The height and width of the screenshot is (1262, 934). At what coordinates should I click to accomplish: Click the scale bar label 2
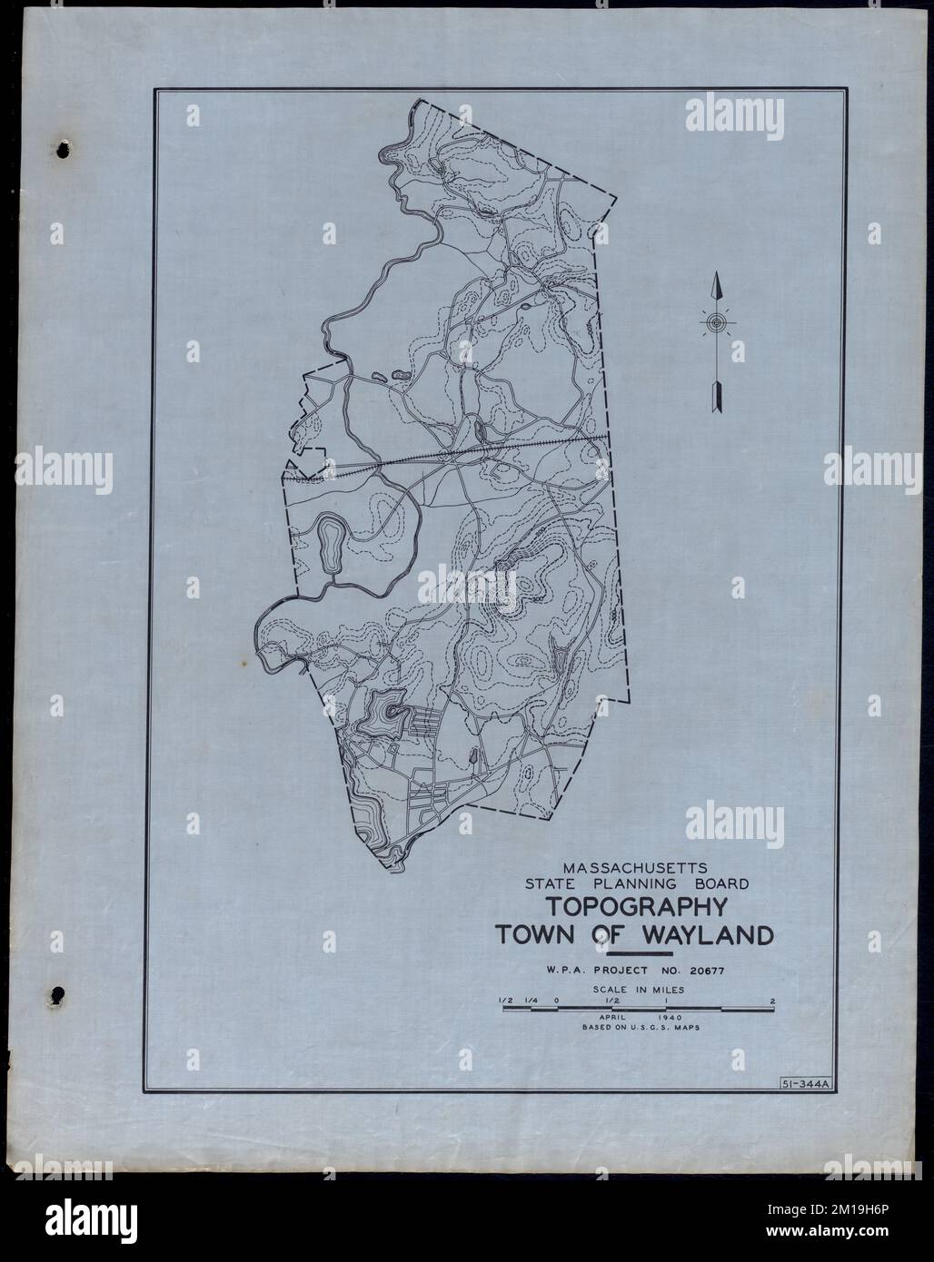[x=771, y=1001]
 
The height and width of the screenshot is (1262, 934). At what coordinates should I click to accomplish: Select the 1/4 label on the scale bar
[x=530, y=1001]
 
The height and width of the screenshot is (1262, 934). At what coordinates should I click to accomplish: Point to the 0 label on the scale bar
[x=556, y=1001]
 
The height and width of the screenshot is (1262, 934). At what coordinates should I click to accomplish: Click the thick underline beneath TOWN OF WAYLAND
[x=638, y=954]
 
